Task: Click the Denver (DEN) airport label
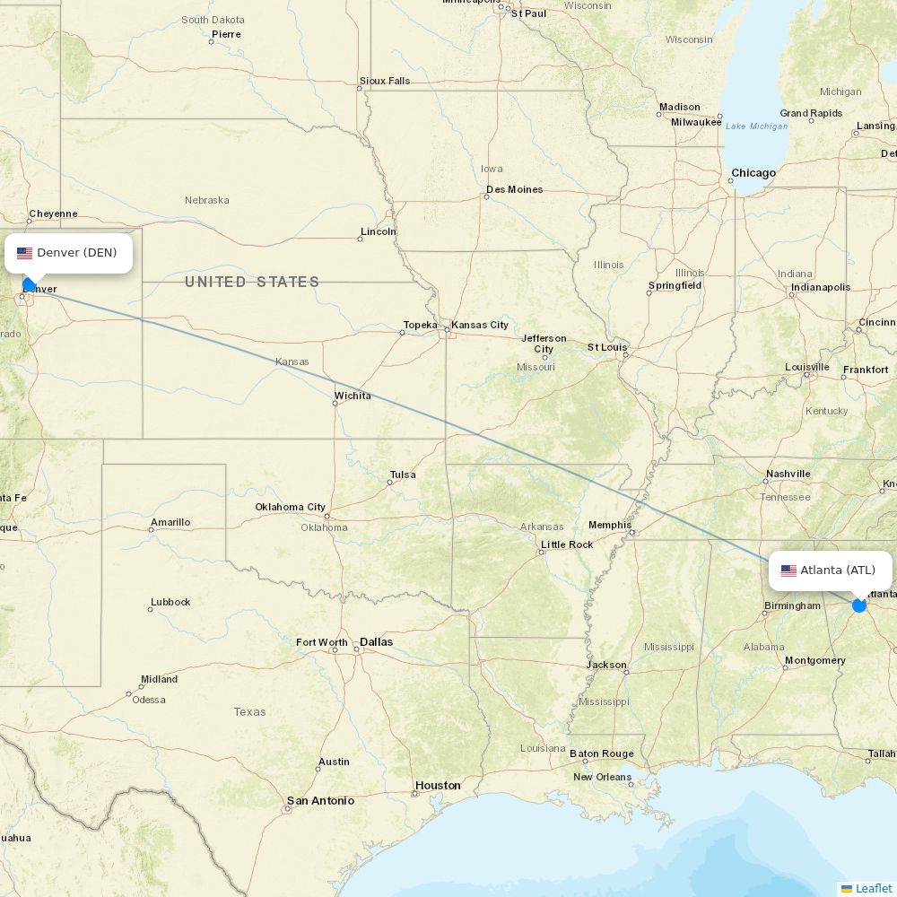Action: pyautogui.click(x=76, y=253)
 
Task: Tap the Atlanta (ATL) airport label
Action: pyautogui.click(x=838, y=570)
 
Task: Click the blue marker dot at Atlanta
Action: pyautogui.click(x=859, y=605)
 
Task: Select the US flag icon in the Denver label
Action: pyautogui.click(x=24, y=253)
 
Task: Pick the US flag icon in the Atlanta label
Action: pyautogui.click(x=788, y=570)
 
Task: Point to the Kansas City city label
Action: pyautogui.click(x=480, y=325)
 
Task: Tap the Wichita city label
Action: pyautogui.click(x=353, y=396)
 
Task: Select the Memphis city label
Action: pyautogui.click(x=610, y=525)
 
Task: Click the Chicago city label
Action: pyautogui.click(x=753, y=173)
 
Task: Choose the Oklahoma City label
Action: pyautogui.click(x=290, y=507)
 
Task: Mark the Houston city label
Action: pyautogui.click(x=438, y=785)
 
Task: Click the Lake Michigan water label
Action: pyautogui.click(x=756, y=126)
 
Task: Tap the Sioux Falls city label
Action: pyautogui.click(x=385, y=81)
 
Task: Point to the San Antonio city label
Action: pyautogui.click(x=320, y=800)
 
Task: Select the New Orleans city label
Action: pyautogui.click(x=602, y=777)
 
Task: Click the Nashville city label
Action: pyautogui.click(x=788, y=474)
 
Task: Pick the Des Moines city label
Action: pyautogui.click(x=514, y=189)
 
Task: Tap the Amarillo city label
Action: pyautogui.click(x=170, y=522)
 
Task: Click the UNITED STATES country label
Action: pyautogui.click(x=252, y=282)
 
